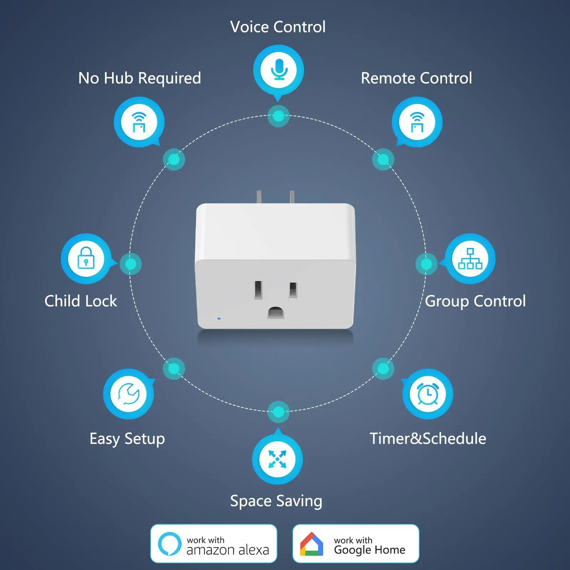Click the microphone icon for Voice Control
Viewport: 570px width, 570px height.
point(279,69)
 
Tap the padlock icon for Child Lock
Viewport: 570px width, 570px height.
point(86,258)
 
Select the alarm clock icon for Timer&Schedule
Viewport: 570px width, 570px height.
point(427,394)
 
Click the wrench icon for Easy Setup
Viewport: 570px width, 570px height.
point(128,394)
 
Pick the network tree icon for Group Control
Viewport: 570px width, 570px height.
point(470,258)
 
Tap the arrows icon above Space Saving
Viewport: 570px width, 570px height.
point(277,459)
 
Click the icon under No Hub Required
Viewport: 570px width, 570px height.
point(139,122)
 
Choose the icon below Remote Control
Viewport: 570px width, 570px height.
point(417,122)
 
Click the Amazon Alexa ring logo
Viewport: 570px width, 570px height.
point(170,544)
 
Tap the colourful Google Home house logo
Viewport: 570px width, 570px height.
point(311,544)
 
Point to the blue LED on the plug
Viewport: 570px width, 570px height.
point(219,318)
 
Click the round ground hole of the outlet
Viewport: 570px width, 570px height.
point(276,312)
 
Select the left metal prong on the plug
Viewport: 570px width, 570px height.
point(259,197)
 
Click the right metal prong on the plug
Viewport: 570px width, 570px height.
point(292,197)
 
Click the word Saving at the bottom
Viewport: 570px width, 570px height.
point(299,501)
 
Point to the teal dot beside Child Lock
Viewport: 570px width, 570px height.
point(130,264)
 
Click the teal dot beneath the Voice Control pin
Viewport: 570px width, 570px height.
point(278,116)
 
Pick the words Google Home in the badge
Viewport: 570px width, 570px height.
point(369,550)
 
